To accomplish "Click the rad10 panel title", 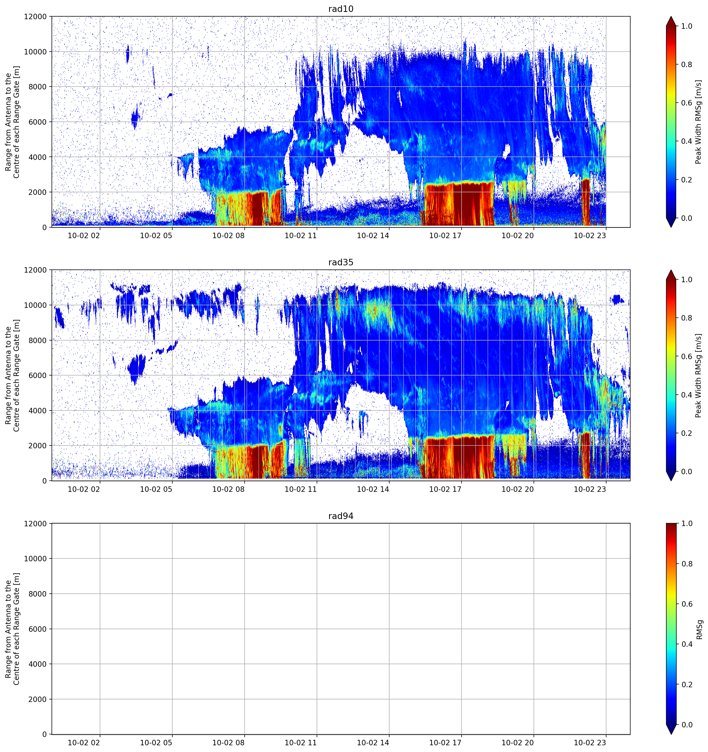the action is point(341,9).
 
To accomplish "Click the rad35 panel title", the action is point(341,263).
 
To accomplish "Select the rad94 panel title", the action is point(341,516).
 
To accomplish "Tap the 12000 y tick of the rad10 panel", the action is point(36,17).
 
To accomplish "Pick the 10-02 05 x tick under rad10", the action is point(156,236).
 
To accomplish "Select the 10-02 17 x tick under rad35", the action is point(445,489).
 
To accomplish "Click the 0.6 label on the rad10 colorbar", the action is point(686,103).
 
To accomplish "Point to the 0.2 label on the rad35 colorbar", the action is point(686,433).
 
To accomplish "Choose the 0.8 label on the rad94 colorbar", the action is point(686,564).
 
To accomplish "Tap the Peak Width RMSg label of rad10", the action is point(698,122).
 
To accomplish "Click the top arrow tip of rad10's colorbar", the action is point(671,17).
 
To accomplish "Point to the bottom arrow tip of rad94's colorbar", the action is point(671,734).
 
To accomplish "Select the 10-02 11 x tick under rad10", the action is point(301,236).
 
